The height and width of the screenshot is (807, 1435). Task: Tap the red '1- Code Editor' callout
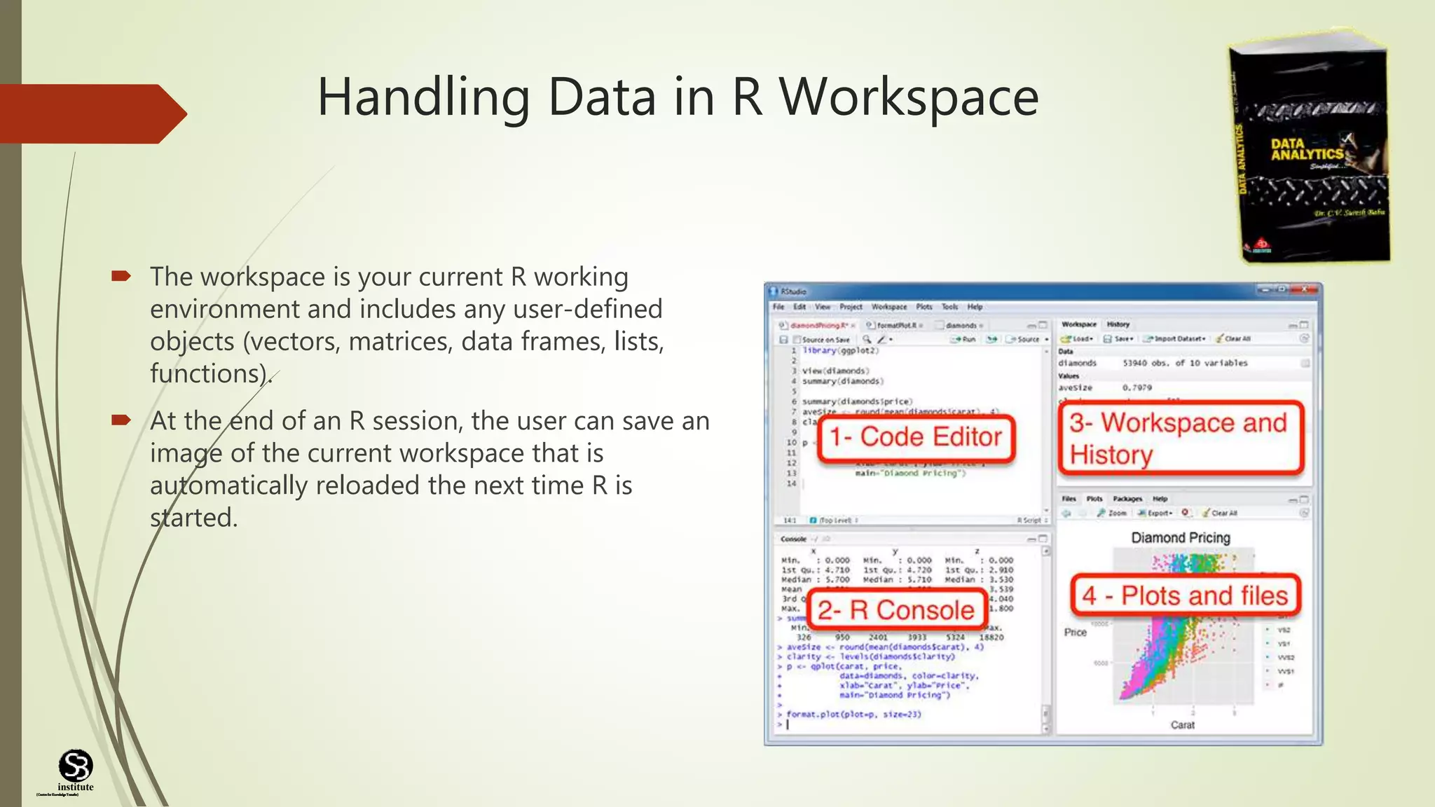click(x=916, y=437)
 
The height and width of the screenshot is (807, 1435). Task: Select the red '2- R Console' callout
click(x=896, y=610)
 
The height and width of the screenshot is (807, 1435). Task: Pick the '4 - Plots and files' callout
click(x=1185, y=595)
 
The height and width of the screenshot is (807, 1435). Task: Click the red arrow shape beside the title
click(x=91, y=113)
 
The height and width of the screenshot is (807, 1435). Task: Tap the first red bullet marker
click(x=121, y=277)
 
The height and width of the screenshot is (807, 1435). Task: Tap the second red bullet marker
click(x=121, y=420)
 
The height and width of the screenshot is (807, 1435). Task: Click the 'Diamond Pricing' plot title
click(x=1181, y=538)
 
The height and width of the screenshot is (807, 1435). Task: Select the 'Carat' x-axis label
click(x=1182, y=725)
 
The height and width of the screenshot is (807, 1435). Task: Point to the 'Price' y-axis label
click(x=1075, y=633)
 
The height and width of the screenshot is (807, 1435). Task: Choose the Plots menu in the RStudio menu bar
click(x=924, y=307)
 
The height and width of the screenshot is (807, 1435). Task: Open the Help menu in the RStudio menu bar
click(x=975, y=307)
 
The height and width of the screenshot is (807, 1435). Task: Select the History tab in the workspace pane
click(x=1118, y=324)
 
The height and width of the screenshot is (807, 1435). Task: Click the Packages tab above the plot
click(x=1127, y=499)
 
